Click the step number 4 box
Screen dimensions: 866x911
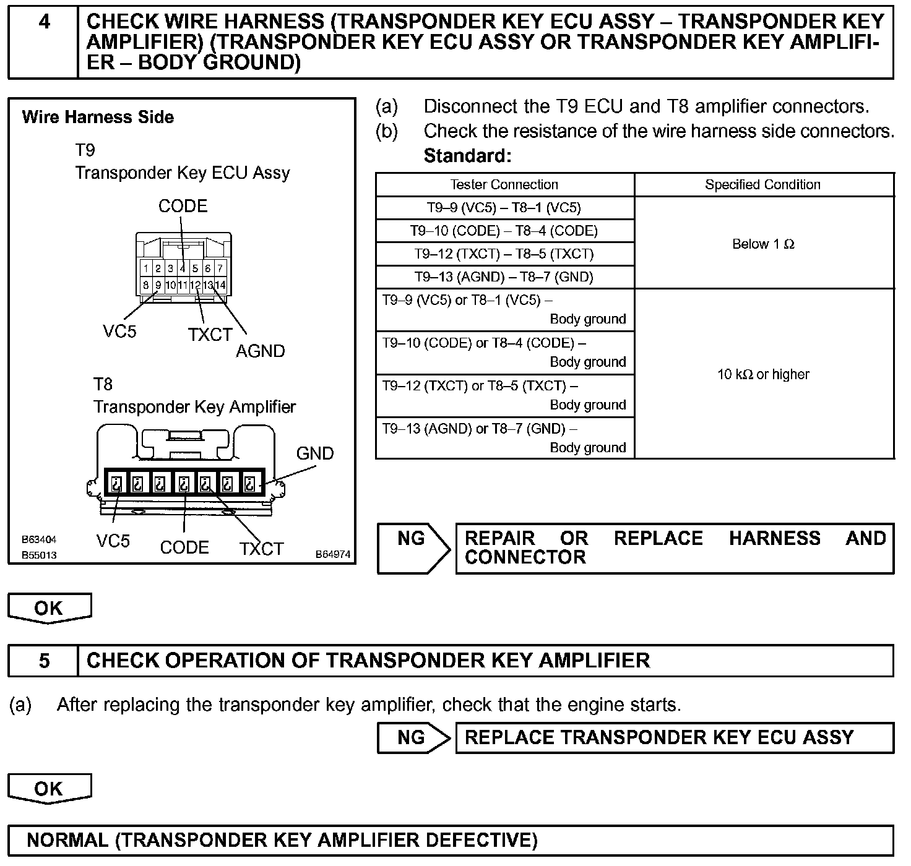click(x=43, y=41)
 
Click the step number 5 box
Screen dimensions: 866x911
click(x=43, y=661)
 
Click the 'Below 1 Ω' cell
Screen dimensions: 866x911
click(x=763, y=244)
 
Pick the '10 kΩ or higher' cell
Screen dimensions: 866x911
click(x=763, y=374)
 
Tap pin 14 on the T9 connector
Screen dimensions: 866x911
click(x=220, y=285)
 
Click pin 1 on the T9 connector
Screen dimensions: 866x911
click(x=145, y=268)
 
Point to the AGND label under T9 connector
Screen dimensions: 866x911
click(x=260, y=351)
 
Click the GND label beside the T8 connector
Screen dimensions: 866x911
click(x=315, y=453)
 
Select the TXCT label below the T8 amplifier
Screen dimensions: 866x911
click(x=261, y=549)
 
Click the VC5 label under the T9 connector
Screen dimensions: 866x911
click(x=119, y=332)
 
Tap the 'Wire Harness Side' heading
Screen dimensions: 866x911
click(x=98, y=117)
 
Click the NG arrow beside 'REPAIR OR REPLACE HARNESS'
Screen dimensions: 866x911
click(x=413, y=547)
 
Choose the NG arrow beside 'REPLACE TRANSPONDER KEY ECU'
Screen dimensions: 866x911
click(x=413, y=737)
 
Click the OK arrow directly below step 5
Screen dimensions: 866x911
click(x=49, y=789)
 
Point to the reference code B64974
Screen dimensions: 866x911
click(x=332, y=554)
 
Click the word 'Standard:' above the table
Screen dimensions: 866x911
click(x=467, y=156)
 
